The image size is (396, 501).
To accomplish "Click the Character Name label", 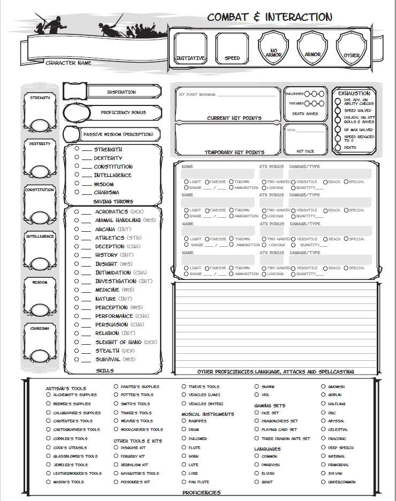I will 68,63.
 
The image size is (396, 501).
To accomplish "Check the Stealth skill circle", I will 77,351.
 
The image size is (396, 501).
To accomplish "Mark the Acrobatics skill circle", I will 77,211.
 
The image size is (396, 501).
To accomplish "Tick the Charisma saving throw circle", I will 77,192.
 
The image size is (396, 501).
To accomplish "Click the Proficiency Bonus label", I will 123,113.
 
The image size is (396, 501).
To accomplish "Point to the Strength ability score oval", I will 40,125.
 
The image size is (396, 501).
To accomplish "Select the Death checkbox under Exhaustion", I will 338,147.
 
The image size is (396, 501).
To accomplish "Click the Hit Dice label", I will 304,151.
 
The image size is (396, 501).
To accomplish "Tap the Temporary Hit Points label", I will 234,153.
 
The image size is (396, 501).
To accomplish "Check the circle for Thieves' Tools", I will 184,386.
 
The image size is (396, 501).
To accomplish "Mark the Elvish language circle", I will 257,473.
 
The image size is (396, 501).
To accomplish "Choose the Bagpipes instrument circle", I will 184,421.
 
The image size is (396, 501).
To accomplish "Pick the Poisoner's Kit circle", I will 116,482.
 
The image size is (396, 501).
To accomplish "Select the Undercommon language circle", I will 324,482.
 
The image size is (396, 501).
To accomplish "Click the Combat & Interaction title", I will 269,17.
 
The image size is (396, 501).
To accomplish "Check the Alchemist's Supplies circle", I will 48,395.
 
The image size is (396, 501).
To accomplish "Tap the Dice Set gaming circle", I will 257,413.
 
